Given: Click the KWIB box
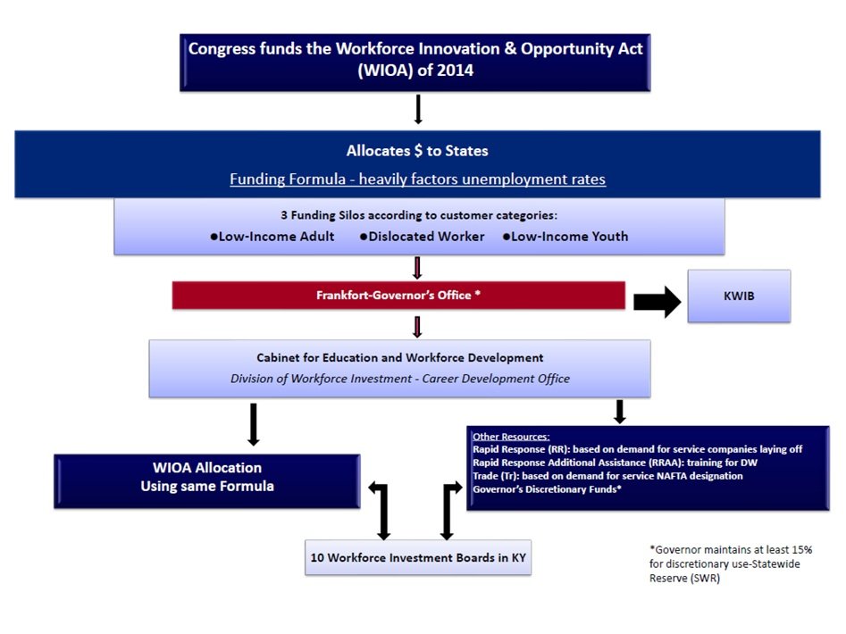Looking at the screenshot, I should pos(738,296).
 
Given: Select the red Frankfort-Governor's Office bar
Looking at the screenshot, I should pos(398,295).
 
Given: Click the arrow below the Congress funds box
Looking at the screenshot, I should pos(417,108).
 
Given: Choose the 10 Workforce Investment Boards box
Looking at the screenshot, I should pos(417,557).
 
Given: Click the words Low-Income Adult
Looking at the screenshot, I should pos(272,237).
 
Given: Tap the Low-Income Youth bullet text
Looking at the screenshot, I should pos(565,237).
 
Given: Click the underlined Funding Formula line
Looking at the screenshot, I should pos(417,179).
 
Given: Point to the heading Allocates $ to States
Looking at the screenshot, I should pos(417,151).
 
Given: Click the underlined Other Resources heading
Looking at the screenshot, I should pos(511,437).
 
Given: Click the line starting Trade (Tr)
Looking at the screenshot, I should pos(607,476).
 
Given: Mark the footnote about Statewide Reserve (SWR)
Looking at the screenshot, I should pos(730,563).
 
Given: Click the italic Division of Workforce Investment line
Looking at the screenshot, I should pos(399,379).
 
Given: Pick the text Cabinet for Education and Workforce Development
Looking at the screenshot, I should pos(399,358).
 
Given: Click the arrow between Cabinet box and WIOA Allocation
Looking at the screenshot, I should pos(254,423).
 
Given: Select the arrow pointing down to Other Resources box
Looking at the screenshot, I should pos(619,411).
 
